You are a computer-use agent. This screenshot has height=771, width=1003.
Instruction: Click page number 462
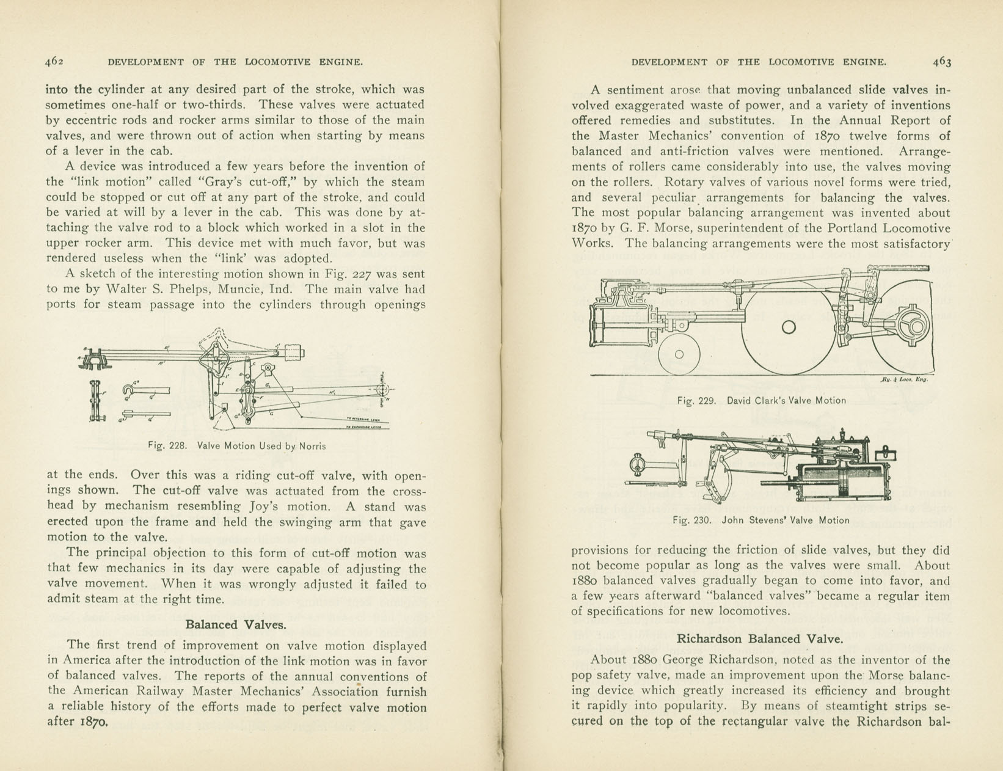54,61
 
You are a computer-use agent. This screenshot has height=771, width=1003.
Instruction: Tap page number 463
941,61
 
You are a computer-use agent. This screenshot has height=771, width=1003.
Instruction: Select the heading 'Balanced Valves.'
236,624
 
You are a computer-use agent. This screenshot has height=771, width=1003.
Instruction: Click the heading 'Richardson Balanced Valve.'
760,639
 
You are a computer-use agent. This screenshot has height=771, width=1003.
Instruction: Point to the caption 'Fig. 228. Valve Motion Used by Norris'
237,446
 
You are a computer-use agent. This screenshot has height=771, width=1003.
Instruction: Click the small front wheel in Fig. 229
679,354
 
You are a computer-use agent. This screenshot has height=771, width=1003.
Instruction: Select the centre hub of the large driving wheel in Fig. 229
789,327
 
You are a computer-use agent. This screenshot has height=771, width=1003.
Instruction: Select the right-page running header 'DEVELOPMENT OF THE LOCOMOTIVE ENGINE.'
759,62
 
